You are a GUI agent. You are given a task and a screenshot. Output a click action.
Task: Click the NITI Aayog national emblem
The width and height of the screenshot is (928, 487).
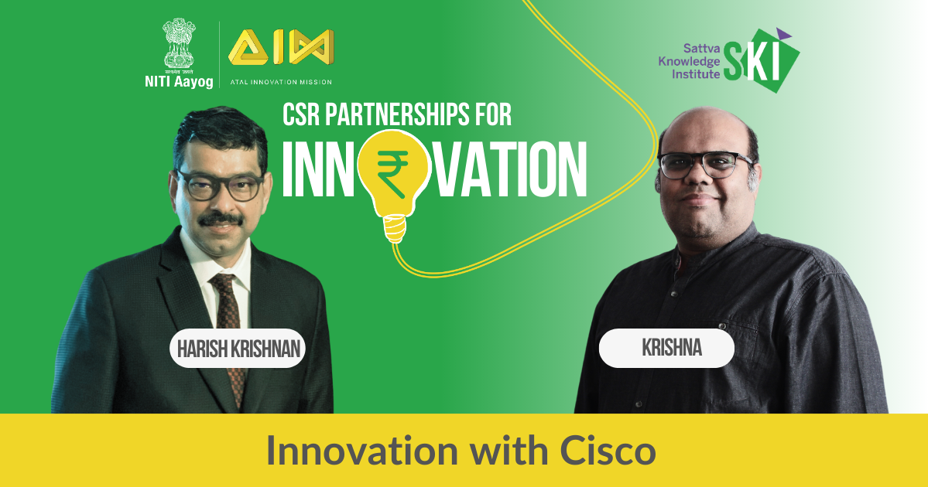179,44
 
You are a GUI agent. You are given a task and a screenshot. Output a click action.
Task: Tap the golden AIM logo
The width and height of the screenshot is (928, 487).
281,47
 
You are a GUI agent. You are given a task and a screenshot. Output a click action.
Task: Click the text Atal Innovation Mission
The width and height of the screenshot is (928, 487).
280,82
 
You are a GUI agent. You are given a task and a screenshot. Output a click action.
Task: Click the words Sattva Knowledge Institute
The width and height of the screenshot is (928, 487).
690,61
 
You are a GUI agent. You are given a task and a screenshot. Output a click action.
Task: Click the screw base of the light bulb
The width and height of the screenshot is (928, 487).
395,229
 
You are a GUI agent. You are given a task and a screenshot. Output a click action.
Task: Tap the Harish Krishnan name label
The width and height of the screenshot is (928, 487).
238,348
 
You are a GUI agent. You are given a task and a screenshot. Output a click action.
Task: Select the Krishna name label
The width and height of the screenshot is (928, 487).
666,348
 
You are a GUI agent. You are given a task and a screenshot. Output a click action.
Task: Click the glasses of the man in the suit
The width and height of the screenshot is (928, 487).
220,185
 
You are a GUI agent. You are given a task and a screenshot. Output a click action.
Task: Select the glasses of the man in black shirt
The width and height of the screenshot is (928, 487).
705,165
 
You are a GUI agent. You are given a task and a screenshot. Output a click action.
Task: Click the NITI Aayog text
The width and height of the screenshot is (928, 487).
179,81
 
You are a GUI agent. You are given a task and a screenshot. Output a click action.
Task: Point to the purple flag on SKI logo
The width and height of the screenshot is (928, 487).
783,34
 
